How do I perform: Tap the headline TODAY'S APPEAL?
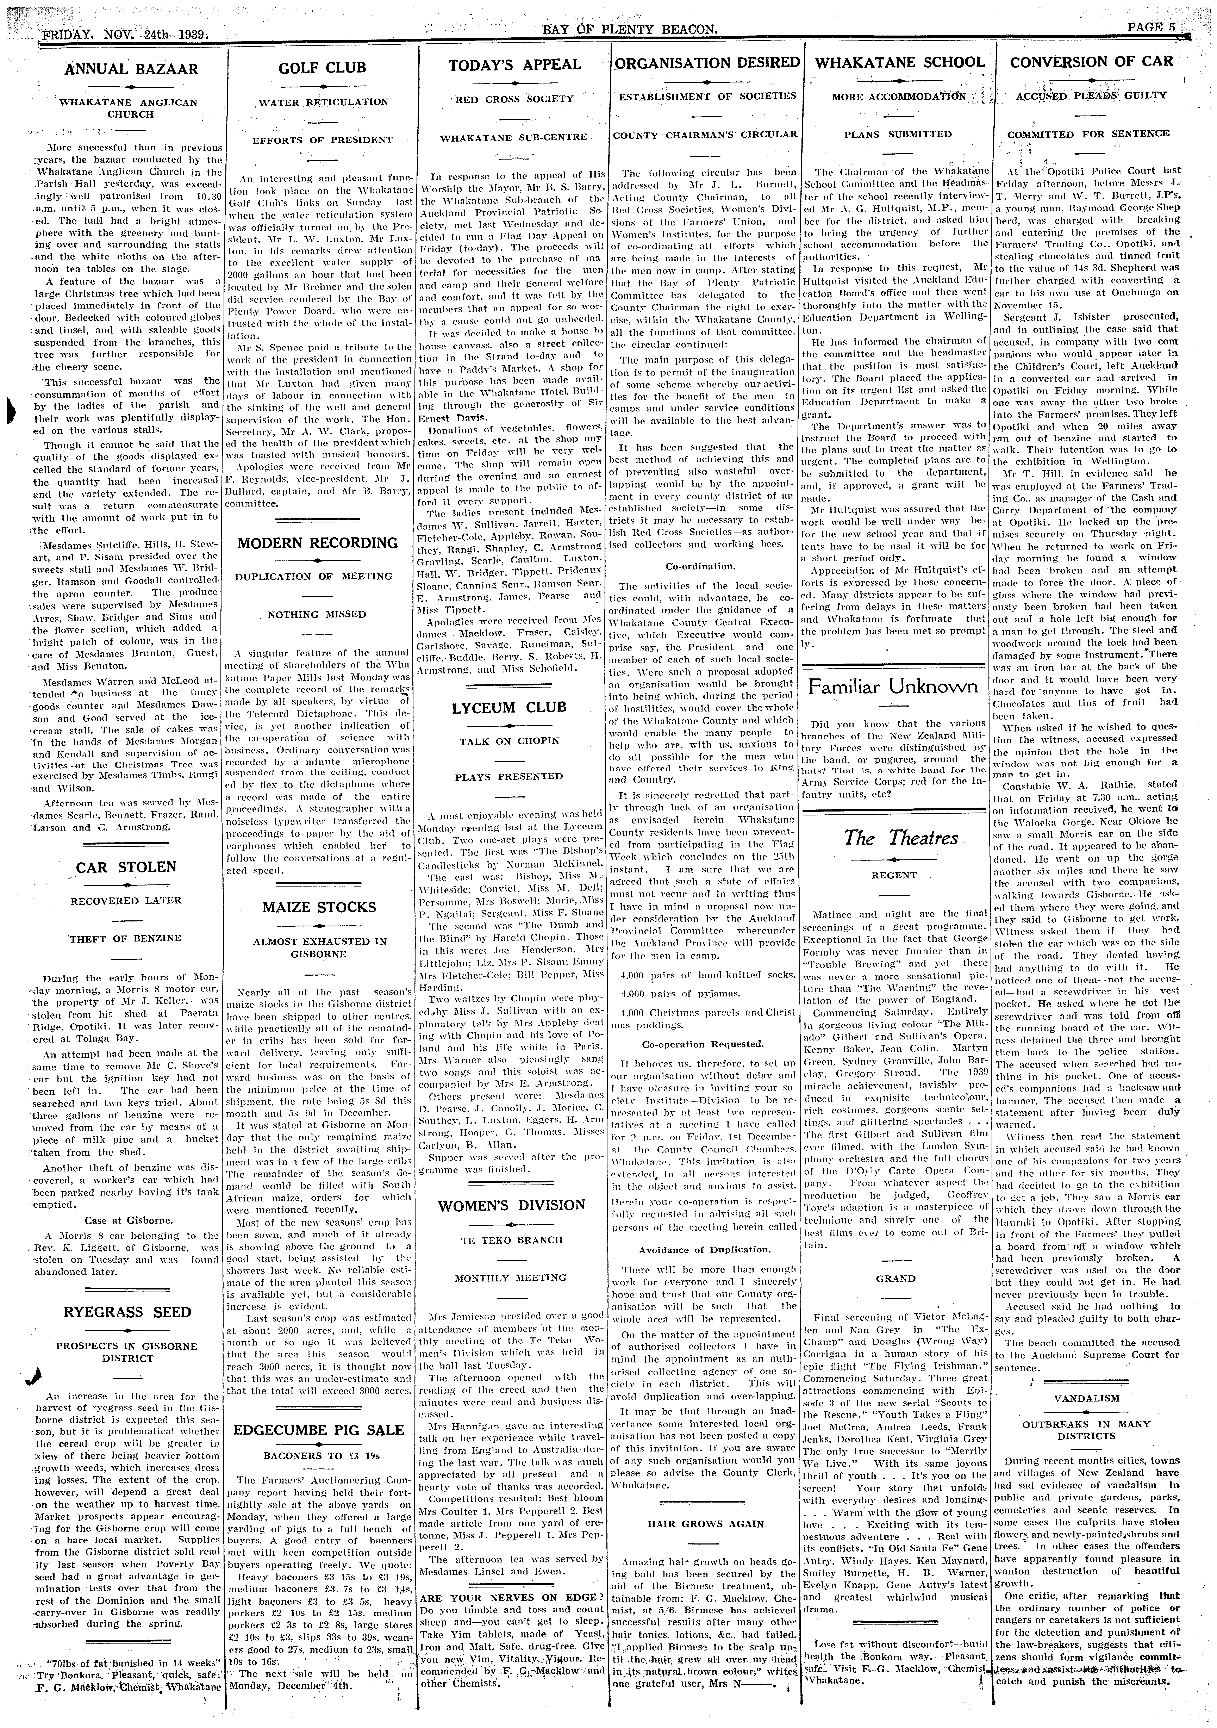pyautogui.click(x=515, y=65)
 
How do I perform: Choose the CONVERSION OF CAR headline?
pyautogui.click(x=1091, y=62)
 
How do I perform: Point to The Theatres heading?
pyautogui.click(x=900, y=838)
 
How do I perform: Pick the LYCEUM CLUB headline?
pyautogui.click(x=509, y=707)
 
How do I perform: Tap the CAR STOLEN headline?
pyautogui.click(x=126, y=867)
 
